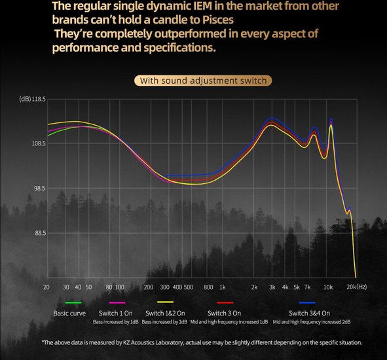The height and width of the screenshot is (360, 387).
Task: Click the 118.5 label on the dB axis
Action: (39, 99)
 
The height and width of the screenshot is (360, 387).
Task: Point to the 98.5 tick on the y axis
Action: (39, 188)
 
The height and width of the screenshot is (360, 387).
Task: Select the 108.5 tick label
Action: (39, 143)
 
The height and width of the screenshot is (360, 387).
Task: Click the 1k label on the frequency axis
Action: (223, 287)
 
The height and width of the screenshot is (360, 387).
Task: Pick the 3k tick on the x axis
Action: (272, 287)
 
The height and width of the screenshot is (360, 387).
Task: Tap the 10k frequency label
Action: (328, 287)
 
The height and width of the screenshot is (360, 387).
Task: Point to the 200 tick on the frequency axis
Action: (149, 287)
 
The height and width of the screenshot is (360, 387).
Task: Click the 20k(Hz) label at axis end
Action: (357, 287)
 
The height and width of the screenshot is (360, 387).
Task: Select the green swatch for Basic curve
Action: (73, 302)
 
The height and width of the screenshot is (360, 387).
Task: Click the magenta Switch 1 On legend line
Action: (117, 302)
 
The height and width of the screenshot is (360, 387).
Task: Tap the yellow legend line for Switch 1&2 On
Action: (166, 302)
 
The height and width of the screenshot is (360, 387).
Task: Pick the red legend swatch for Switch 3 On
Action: (225, 302)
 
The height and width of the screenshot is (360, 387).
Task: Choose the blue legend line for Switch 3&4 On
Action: (307, 302)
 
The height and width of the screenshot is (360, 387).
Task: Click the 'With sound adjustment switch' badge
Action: (203, 81)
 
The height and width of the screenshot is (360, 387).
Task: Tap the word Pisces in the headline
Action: (218, 20)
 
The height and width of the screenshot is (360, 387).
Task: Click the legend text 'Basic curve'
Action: (69, 313)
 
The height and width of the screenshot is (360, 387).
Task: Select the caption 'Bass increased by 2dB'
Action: (164, 322)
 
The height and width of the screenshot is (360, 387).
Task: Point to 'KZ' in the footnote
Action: (126, 342)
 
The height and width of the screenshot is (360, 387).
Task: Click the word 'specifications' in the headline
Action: (179, 48)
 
